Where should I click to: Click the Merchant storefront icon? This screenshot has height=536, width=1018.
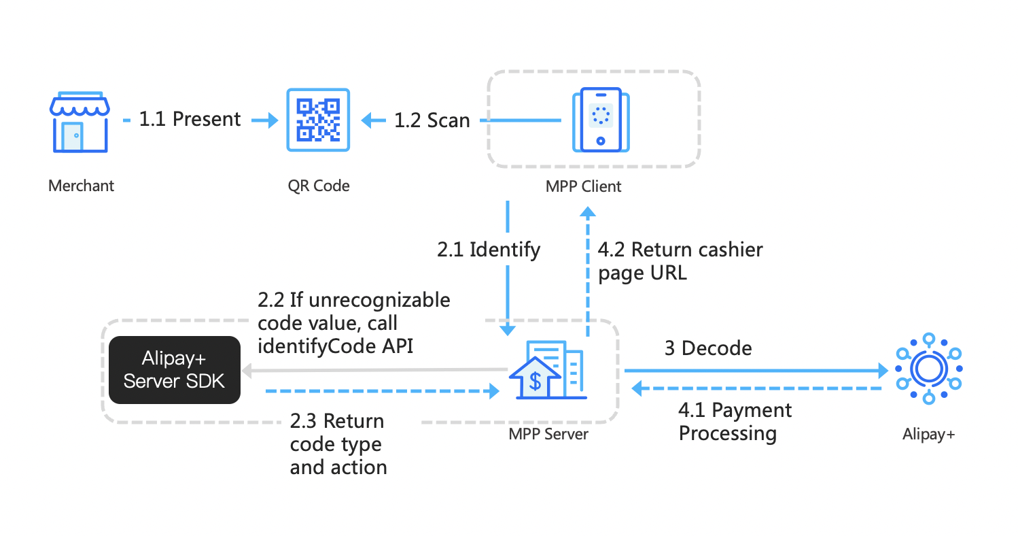pos(80,123)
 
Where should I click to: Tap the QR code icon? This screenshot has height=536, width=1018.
pos(318,120)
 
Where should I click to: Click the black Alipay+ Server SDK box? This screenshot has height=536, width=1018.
pos(175,370)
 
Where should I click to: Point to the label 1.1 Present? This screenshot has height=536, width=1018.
pos(190,120)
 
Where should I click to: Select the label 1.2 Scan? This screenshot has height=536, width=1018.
pos(432,121)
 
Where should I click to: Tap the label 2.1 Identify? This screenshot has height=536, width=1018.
pos(489,250)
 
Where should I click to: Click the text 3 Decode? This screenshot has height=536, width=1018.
pos(708,348)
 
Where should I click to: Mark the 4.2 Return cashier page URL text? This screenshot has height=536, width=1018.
pos(680,261)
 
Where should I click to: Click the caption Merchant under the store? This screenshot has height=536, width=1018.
pos(82,186)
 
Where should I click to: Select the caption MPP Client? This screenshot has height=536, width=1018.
pos(583,186)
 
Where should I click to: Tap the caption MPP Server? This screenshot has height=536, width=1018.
pos(548,434)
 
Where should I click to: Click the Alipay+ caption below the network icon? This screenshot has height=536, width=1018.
pos(928,434)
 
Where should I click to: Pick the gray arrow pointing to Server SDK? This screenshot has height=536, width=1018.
pos(374,371)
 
